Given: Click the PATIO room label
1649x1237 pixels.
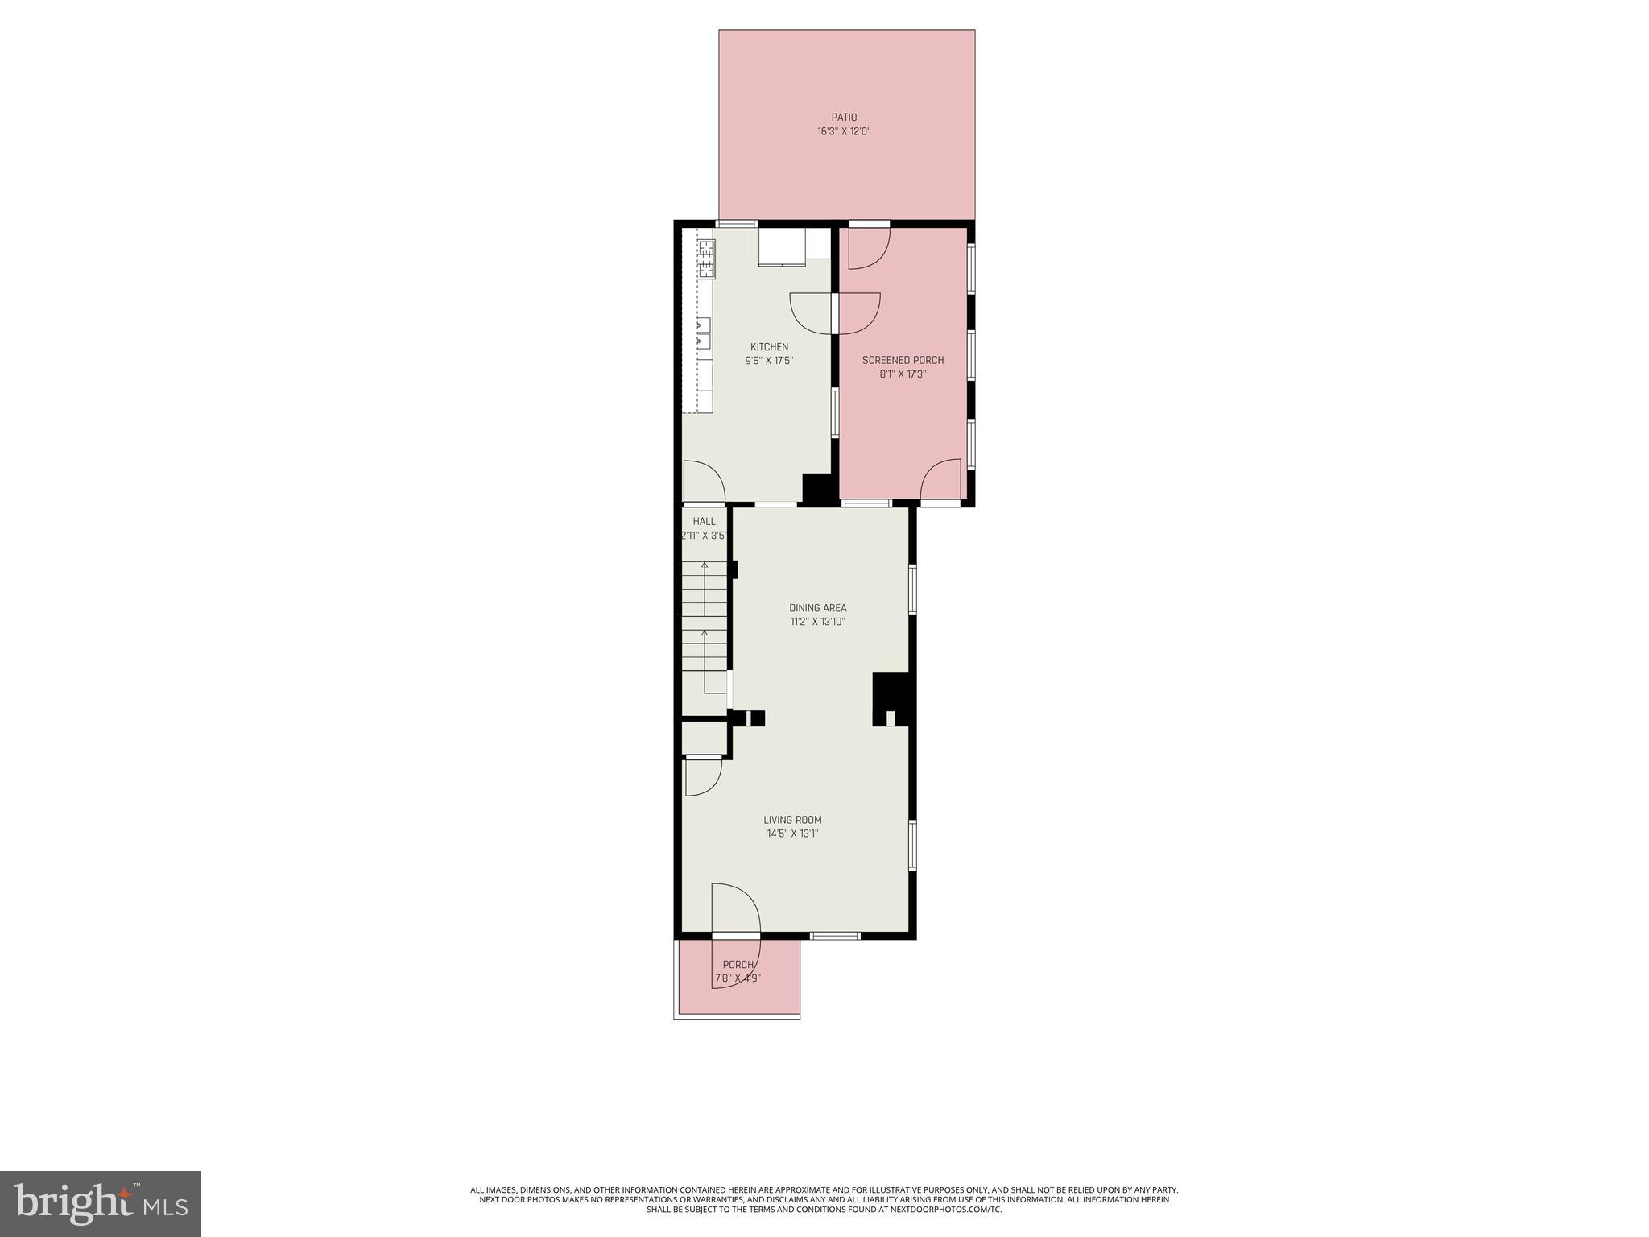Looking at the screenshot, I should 844,118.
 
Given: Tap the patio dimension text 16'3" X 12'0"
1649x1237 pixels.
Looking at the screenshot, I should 844,131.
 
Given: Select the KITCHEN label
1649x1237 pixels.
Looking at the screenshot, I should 769,347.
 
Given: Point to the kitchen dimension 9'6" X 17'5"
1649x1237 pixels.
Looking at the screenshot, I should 769,361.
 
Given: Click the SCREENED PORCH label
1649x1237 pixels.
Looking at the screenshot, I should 903,361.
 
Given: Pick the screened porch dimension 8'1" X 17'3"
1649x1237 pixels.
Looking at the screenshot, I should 903,374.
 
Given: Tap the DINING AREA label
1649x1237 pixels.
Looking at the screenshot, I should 817,608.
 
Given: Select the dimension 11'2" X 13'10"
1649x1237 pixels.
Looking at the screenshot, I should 817,622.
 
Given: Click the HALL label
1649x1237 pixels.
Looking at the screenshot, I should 704,522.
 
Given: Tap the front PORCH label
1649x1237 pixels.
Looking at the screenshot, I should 738,965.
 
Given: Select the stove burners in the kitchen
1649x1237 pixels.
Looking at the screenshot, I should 706,255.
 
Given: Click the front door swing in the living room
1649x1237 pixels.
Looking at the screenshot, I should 734,910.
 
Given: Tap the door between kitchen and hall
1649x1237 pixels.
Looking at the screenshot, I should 703,483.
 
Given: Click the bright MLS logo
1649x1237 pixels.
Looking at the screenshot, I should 101,1203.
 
